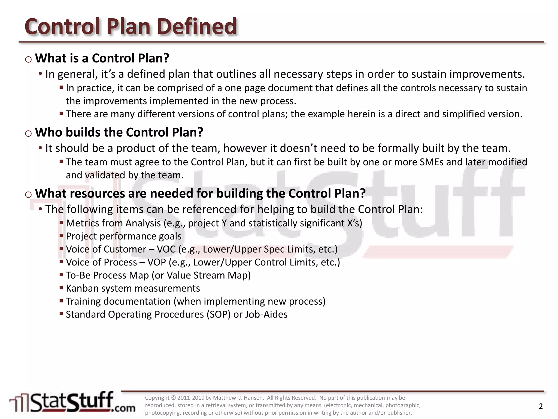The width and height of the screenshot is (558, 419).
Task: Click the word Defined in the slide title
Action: tap(197, 26)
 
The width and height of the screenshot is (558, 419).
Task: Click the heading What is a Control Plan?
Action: tap(102, 58)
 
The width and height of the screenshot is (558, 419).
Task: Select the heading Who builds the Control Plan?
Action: tap(119, 132)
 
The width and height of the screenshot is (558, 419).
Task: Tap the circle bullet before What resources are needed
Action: tap(28, 194)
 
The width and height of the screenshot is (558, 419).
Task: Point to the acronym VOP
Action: tap(157, 262)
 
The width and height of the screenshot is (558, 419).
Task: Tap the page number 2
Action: tap(541, 406)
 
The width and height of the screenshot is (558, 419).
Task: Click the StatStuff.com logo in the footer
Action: tap(72, 402)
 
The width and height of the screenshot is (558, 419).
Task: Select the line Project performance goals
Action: tap(123, 236)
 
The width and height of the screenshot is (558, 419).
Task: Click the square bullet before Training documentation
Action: tap(61, 301)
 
